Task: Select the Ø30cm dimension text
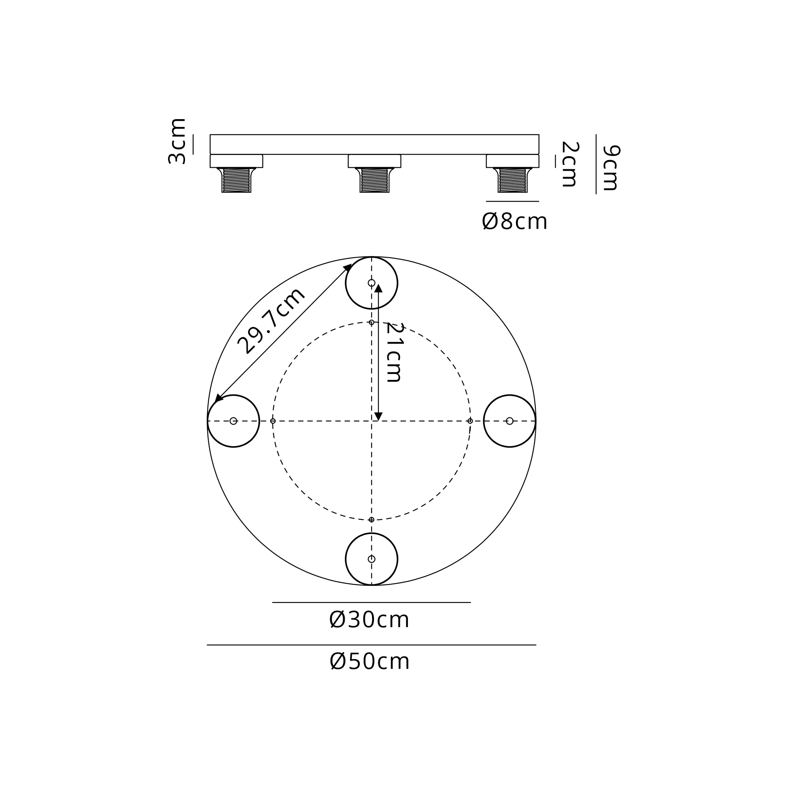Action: click(x=369, y=619)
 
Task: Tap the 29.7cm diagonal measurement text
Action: click(x=271, y=321)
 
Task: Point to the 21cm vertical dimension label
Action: click(x=394, y=352)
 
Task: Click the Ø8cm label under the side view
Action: click(x=514, y=221)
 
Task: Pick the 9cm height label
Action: click(x=611, y=167)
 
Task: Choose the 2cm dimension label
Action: click(x=570, y=164)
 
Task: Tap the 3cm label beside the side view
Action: click(x=177, y=141)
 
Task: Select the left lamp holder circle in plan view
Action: click(x=259, y=421)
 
